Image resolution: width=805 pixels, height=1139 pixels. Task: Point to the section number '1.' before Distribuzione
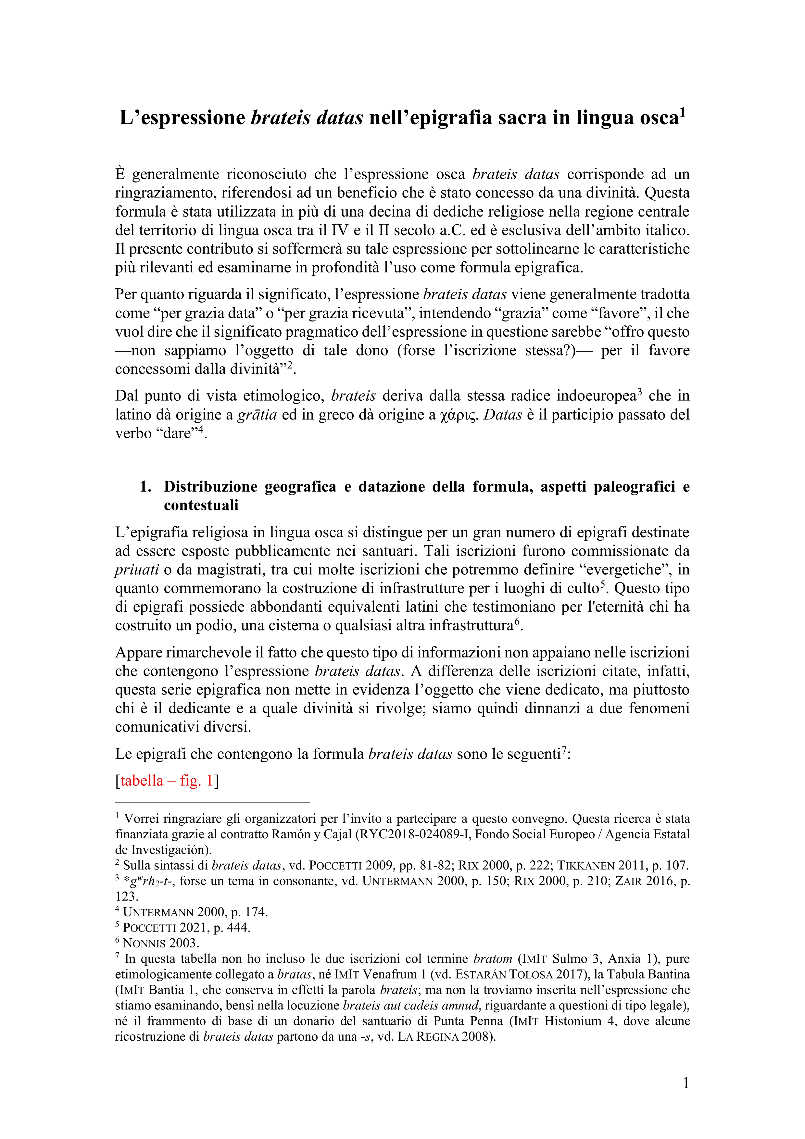pyautogui.click(x=145, y=487)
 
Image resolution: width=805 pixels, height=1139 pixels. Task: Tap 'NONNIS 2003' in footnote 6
pyautogui.click(x=161, y=943)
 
